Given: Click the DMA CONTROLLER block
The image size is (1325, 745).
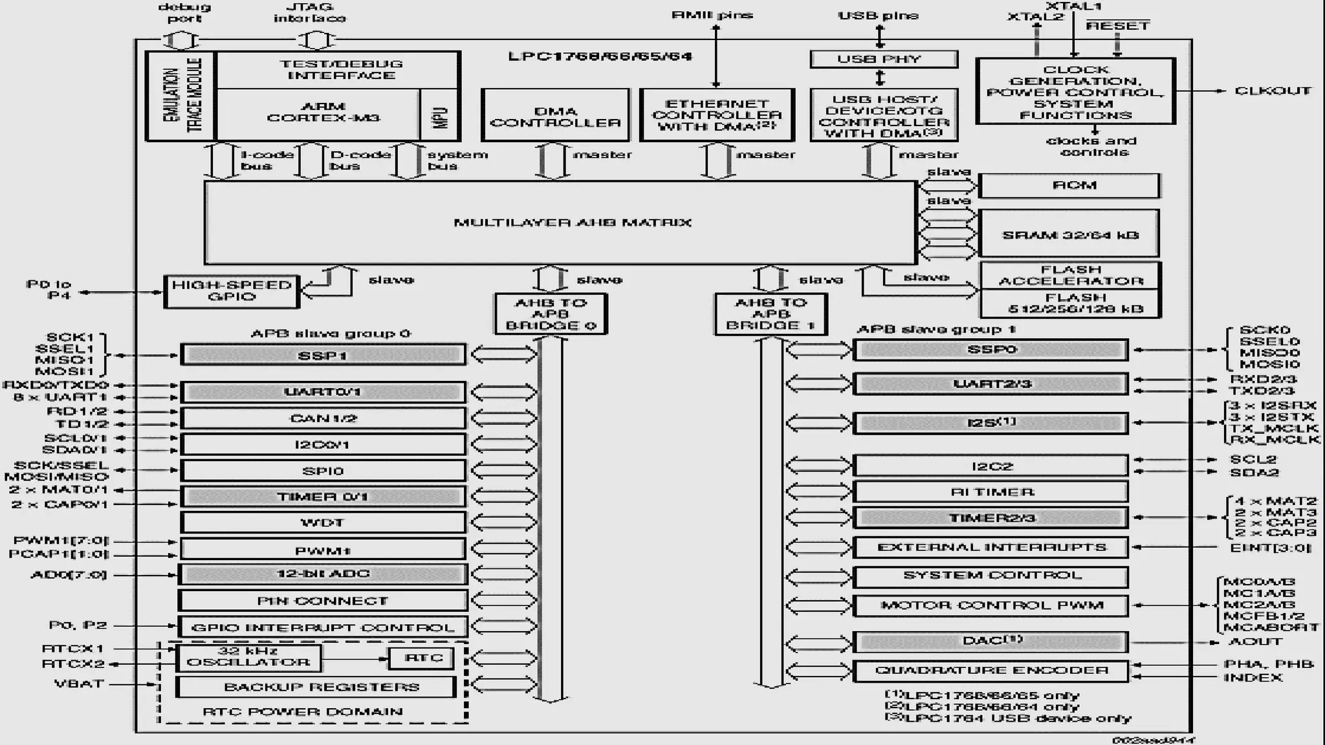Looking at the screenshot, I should (555, 115).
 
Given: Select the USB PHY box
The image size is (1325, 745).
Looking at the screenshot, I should (884, 59).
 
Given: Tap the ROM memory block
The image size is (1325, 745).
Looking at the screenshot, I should (1069, 186).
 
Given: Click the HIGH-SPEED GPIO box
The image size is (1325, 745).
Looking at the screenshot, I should (232, 291).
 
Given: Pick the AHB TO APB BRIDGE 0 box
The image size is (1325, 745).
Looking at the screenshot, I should (551, 314).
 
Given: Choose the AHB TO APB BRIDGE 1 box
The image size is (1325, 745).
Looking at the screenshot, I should (771, 314).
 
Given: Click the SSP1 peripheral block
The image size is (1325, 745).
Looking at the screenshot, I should (323, 355).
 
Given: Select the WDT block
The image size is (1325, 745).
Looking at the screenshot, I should (323, 523).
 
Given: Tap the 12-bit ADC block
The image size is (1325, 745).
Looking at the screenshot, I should (323, 574).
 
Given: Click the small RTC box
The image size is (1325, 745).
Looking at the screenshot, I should (422, 658).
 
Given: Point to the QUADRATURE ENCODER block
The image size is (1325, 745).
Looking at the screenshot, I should (991, 671).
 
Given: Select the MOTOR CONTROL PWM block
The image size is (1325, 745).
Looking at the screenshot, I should (991, 605).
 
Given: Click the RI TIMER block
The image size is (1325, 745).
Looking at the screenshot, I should (991, 492).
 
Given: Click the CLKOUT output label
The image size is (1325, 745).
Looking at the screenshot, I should (1273, 91).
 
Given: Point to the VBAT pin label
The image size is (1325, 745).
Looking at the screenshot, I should (79, 684).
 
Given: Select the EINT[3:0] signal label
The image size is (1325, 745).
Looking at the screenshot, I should (1270, 548).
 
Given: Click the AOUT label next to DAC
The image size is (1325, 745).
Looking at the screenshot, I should (1255, 642).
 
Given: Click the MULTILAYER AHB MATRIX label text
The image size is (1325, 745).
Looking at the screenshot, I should (573, 222).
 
